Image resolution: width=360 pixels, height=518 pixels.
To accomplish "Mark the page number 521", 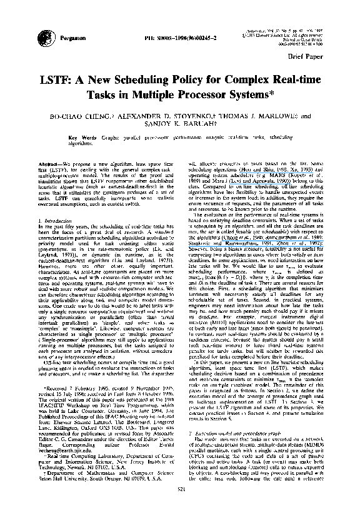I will pyautogui.click(x=179, y=505).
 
